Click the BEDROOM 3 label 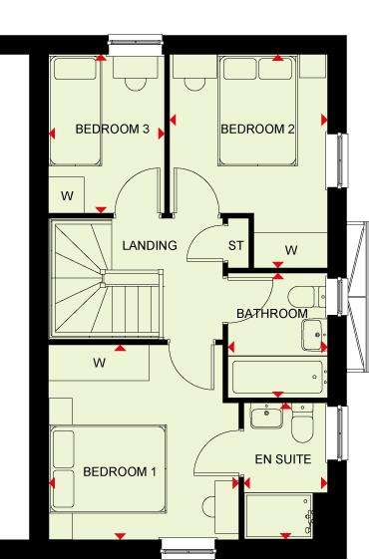coord(113,129)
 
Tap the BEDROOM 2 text coord(257,129)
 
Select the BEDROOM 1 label coord(120,471)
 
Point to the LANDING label coord(150,245)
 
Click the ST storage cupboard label coord(235,245)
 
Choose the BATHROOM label coord(272,314)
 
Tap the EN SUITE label coord(283,459)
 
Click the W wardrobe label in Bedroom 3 coord(67,195)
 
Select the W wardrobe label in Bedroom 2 coord(291,250)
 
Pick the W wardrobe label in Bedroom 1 coord(100,363)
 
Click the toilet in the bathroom coord(306,297)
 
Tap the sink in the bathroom coord(312,335)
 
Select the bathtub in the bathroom coord(277,377)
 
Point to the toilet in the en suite coord(302,423)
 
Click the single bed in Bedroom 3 coord(76,111)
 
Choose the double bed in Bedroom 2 coord(257,111)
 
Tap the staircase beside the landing coord(107,279)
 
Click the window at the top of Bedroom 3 coord(136,45)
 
